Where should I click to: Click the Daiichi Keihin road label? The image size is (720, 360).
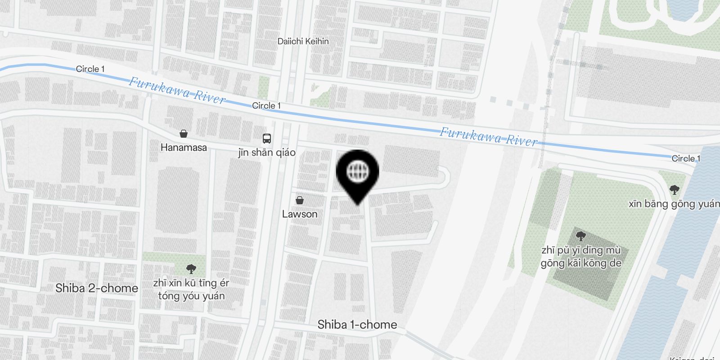pyautogui.click(x=303, y=41)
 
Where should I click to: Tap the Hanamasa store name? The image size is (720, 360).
pyautogui.click(x=184, y=148)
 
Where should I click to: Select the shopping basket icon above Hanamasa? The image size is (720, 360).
pyautogui.click(x=184, y=134)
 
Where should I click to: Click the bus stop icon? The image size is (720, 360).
pyautogui.click(x=267, y=138)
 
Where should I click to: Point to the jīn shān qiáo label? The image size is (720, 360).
pyautogui.click(x=267, y=153)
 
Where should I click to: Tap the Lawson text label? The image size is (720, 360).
pyautogui.click(x=300, y=214)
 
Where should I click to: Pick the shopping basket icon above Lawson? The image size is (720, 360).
pyautogui.click(x=300, y=200)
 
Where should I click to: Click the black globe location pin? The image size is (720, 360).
pyautogui.click(x=358, y=173)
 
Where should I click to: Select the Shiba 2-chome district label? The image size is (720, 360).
pyautogui.click(x=97, y=288)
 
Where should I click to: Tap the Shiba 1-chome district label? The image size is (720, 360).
pyautogui.click(x=357, y=324)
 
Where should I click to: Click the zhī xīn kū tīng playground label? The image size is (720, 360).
pyautogui.click(x=191, y=289)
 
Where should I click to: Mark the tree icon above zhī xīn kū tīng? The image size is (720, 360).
pyautogui.click(x=191, y=269)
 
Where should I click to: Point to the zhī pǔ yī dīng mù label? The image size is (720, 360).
pyautogui.click(x=581, y=256)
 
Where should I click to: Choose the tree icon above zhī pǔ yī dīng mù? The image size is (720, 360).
pyautogui.click(x=581, y=236)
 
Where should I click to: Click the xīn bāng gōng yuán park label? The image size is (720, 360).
pyautogui.click(x=674, y=204)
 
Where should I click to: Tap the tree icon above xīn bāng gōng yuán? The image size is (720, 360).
pyautogui.click(x=674, y=189)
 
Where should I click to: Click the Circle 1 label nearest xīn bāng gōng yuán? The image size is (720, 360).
pyautogui.click(x=686, y=158)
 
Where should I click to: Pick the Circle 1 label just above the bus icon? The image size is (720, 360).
pyautogui.click(x=266, y=106)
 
